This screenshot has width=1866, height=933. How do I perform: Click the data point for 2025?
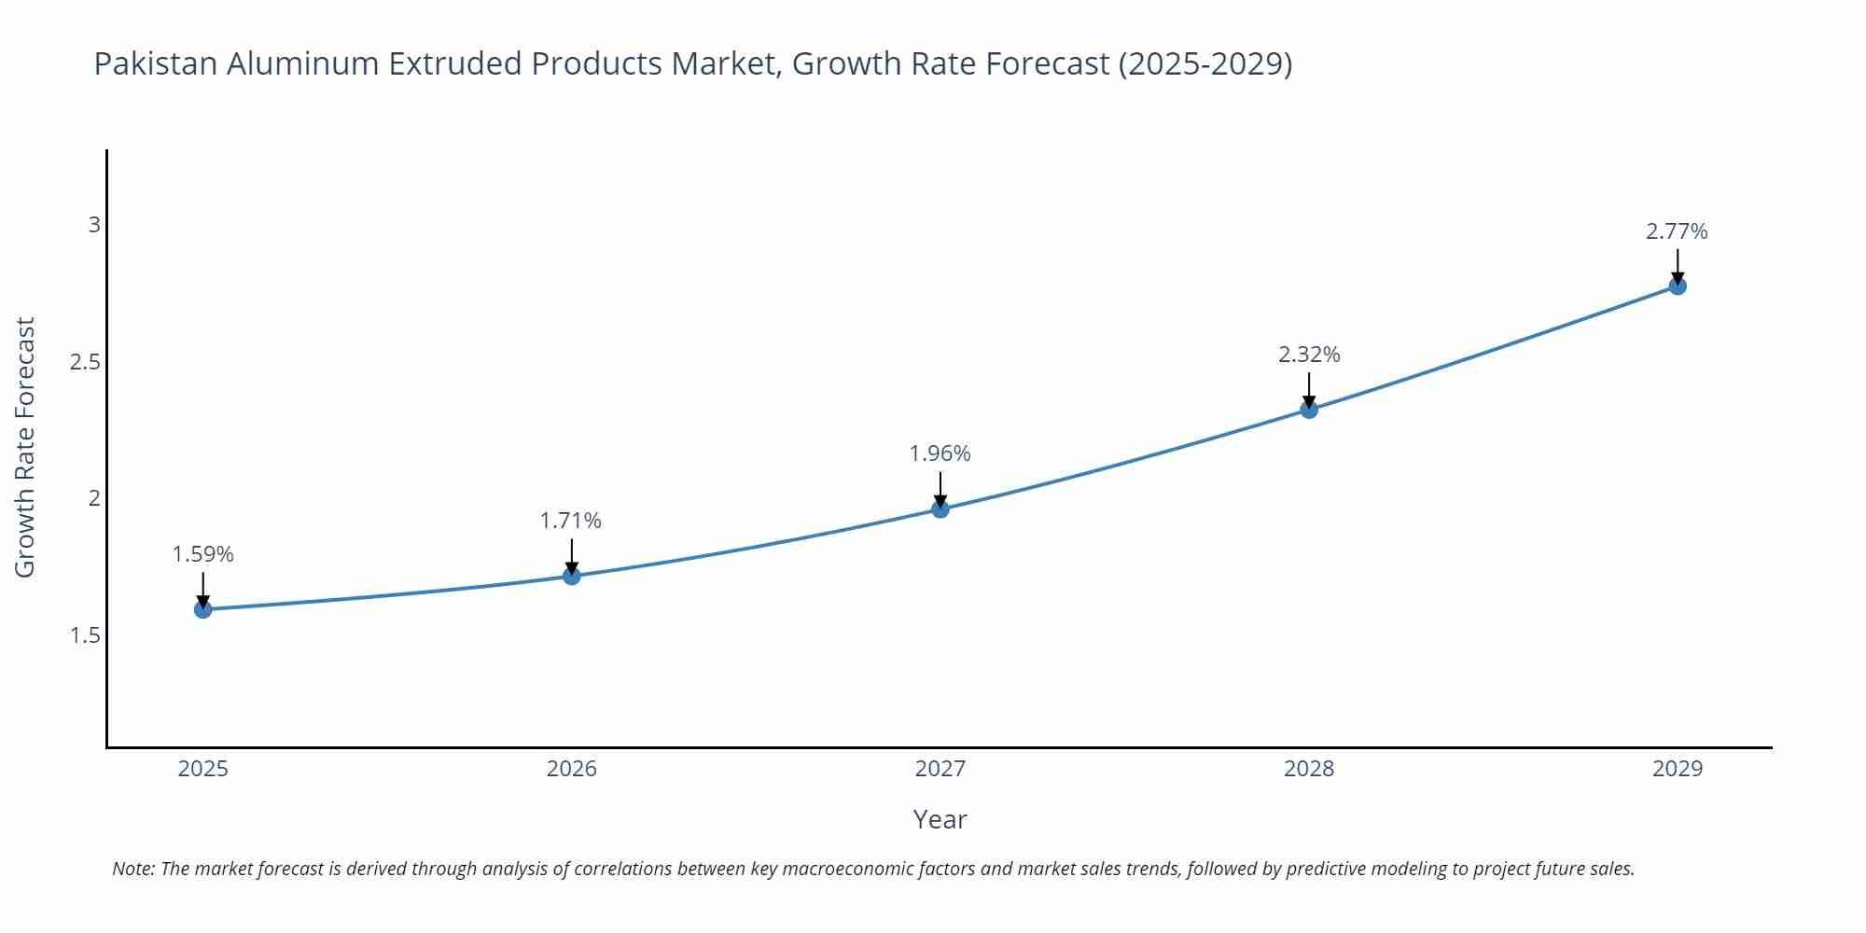tap(202, 609)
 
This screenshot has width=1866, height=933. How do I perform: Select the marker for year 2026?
tap(572, 576)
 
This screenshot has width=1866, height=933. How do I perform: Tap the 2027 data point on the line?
tap(940, 508)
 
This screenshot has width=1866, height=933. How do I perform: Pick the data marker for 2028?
tap(1309, 409)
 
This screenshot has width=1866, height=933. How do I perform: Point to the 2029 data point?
tap(1678, 285)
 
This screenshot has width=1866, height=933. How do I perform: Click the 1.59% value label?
tap(202, 554)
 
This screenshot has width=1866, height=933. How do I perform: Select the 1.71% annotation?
tap(571, 521)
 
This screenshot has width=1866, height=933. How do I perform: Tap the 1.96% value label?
tap(940, 453)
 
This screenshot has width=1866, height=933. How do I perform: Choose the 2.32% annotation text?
tap(1309, 355)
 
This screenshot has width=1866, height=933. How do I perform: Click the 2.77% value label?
tap(1677, 231)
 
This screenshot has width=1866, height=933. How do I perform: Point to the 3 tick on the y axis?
tap(93, 225)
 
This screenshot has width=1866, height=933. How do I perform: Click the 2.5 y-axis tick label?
tap(85, 362)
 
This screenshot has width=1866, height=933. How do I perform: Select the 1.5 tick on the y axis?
tap(85, 635)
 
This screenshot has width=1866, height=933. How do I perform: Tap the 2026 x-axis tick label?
tap(572, 769)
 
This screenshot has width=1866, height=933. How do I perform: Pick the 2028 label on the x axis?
tap(1309, 769)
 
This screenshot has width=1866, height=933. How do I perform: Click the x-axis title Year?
tap(940, 819)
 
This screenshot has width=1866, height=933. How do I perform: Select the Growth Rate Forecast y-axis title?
tap(25, 447)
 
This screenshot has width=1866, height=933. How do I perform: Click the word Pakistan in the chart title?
tap(156, 63)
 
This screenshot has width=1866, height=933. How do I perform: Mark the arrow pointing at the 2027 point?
tap(940, 489)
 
